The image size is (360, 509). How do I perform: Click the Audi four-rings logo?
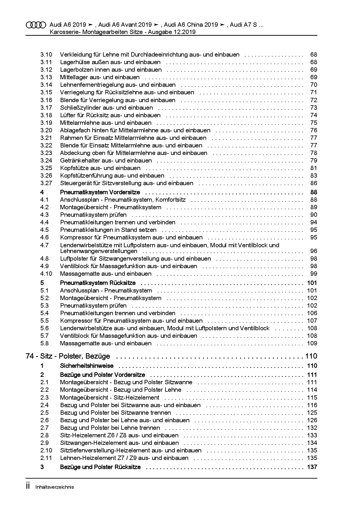coord(36,25)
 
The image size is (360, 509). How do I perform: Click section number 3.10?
coord(46,55)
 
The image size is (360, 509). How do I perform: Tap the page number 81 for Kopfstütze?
coord(314,168)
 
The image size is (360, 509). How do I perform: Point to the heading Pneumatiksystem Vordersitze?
coord(100,192)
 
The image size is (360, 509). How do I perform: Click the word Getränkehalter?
coord(77,160)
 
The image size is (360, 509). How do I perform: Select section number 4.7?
coord(44,245)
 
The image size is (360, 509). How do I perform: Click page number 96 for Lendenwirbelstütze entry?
coord(314,251)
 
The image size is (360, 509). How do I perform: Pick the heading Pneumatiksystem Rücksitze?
coord(98,283)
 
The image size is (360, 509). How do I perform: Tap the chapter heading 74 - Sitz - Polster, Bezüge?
coord(68,356)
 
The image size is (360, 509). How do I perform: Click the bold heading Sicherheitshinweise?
coord(87,366)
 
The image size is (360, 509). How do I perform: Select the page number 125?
coord(312,413)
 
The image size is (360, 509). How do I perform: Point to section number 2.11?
coord(46,458)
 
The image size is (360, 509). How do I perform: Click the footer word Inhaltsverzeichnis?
coord(55,487)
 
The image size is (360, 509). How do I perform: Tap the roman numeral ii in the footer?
coord(28,486)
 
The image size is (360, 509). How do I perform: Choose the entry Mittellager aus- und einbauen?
coord(100,77)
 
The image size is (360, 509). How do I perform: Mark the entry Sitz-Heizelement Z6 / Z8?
coord(119,435)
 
